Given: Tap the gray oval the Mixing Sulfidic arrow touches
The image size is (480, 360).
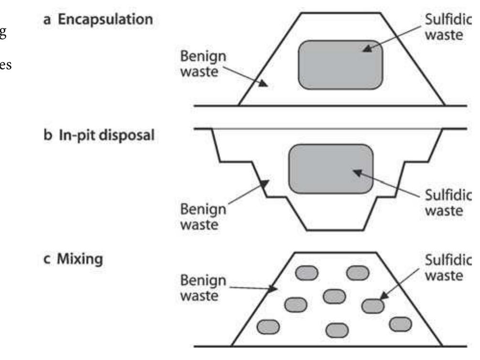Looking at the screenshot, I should click(x=373, y=305).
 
